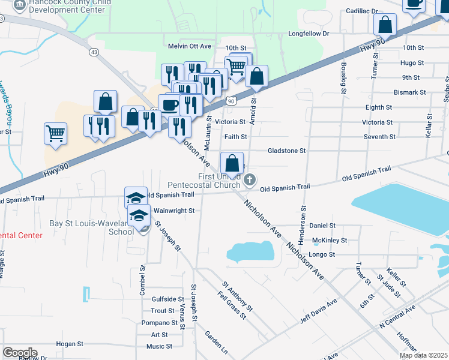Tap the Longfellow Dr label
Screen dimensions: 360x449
point(309,34)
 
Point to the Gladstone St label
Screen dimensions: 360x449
point(286,151)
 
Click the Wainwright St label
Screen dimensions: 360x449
point(174,211)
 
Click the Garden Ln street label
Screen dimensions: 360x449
point(216,341)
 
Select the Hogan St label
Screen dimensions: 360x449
point(69,344)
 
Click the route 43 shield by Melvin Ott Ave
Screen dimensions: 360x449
point(94,53)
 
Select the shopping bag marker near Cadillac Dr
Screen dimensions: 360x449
point(385,25)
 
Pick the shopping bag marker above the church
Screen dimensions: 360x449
point(232,163)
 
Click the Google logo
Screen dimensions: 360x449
point(20,352)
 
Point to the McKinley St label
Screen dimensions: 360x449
point(330,241)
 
